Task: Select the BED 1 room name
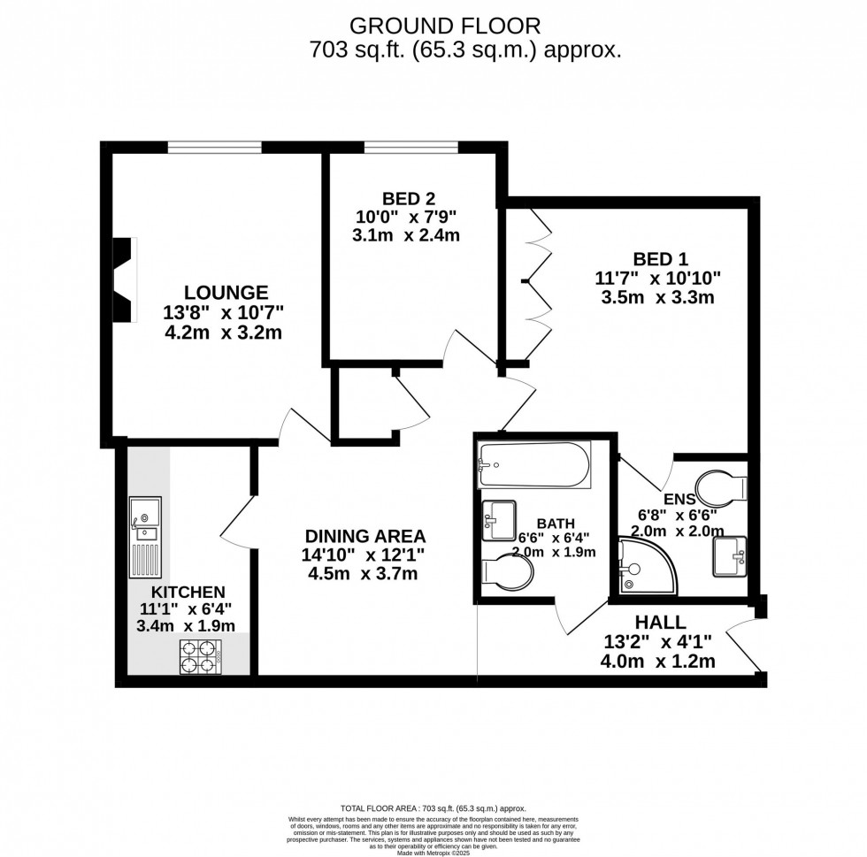pos(659,259)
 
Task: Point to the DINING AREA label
pos(365,536)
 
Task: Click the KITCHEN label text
pos(188,592)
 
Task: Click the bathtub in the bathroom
pos(533,466)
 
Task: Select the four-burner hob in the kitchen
pos(199,656)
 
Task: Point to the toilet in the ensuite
pos(724,487)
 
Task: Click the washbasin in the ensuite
pos(729,555)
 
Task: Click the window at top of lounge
pos(215,147)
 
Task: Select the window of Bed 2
pos(410,147)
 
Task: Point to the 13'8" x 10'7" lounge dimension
pos(223,312)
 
